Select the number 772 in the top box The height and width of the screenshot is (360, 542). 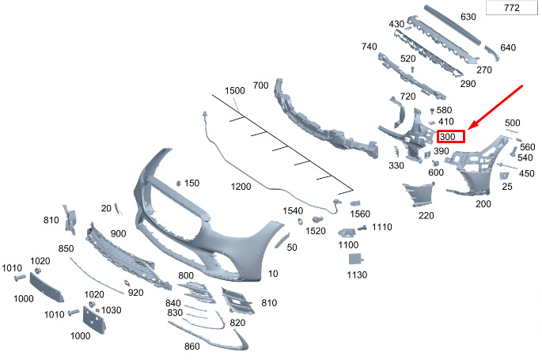coord(511,9)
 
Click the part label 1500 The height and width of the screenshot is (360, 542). coord(235,92)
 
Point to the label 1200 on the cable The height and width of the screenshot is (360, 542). coord(241,187)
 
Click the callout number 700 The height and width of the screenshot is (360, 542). coord(260,85)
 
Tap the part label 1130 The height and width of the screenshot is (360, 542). coord(357,275)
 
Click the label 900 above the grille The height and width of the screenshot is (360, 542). coord(119,234)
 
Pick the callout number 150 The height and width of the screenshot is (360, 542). coord(191,183)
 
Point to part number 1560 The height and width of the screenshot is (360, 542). coord(360,214)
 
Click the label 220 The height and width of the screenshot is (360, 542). coord(426,215)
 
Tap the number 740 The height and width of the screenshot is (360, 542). coord(370,47)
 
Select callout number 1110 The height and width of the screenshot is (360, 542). coord(382,227)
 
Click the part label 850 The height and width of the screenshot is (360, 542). coord(66,248)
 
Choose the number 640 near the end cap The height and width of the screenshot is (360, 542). coord(507,47)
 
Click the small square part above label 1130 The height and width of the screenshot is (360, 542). coord(357,258)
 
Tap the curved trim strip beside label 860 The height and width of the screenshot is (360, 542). coord(229,339)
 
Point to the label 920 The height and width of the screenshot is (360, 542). coord(135,293)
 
